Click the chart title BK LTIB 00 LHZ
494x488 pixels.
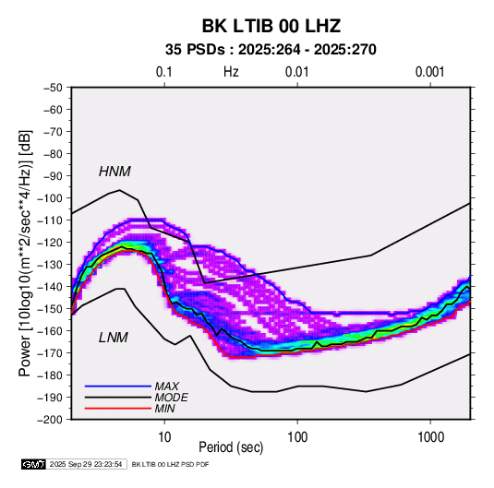click(271, 26)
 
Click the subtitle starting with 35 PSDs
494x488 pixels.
click(271, 50)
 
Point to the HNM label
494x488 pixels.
click(114, 172)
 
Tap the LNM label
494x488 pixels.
click(114, 338)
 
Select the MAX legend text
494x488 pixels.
click(166, 387)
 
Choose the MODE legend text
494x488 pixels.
click(171, 398)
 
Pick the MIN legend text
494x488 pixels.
click(164, 409)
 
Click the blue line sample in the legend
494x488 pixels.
click(118, 387)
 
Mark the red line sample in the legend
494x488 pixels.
click(118, 409)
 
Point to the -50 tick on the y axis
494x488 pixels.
click(53, 88)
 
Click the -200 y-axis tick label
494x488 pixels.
click(50, 420)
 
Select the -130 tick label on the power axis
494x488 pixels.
click(50, 265)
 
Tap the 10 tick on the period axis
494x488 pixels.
click(164, 437)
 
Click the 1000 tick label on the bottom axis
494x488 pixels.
click(430, 437)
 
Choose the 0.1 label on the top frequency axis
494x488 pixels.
click(164, 72)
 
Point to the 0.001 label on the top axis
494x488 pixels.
click(429, 72)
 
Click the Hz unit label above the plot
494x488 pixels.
click(231, 72)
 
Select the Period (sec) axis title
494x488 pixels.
click(231, 447)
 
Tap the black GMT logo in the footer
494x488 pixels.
click(33, 464)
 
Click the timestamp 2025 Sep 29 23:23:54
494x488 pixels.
click(86, 464)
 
